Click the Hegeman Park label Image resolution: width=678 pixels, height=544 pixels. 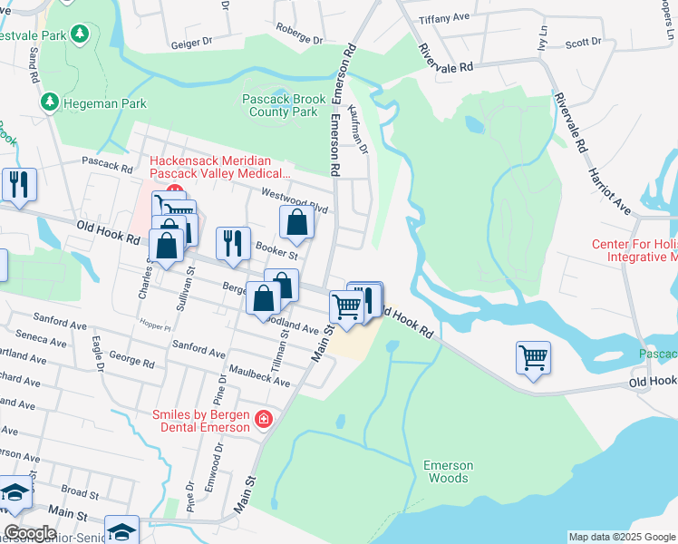pyautogui.click(x=104, y=103)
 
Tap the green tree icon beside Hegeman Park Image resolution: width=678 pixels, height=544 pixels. pyautogui.click(x=51, y=102)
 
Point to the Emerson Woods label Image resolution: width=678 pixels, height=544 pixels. pyautogui.click(x=448, y=471)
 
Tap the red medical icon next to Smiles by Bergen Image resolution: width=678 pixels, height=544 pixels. pyautogui.click(x=264, y=419)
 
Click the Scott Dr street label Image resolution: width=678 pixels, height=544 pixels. pyautogui.click(x=583, y=42)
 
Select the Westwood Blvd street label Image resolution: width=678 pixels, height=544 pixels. pyautogui.click(x=294, y=200)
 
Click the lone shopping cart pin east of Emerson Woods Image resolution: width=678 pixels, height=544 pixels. pyautogui.click(x=533, y=356)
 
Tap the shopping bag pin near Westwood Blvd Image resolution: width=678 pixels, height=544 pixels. pyautogui.click(x=297, y=221)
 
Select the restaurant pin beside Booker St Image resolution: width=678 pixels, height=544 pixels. pyautogui.click(x=233, y=243)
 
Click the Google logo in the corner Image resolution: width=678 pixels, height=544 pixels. pyautogui.click(x=30, y=532)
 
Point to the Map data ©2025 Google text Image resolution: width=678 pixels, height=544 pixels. pyautogui.click(x=621, y=537)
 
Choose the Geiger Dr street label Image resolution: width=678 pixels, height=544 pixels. pyautogui.click(x=190, y=41)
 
